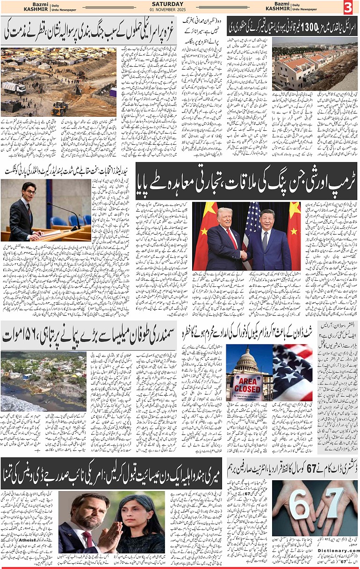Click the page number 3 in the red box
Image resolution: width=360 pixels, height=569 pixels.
tap(348, 8)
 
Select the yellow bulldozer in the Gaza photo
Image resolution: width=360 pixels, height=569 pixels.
tap(60, 108)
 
